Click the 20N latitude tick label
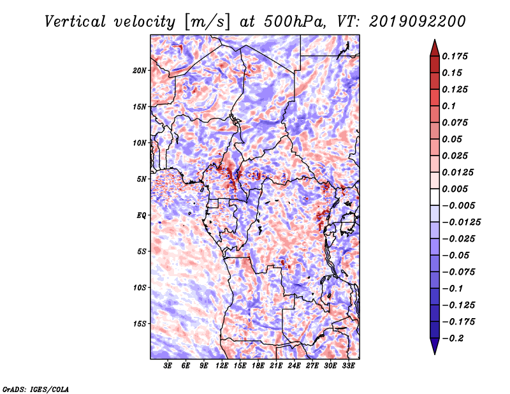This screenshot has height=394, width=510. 139,70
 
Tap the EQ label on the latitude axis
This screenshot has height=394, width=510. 141,215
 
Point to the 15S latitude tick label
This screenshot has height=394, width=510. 139,324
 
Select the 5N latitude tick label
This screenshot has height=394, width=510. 141,179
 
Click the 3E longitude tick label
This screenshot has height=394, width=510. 168,365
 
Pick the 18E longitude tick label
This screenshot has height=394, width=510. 258,365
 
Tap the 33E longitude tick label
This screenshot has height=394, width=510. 348,365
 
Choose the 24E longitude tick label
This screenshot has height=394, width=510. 294,365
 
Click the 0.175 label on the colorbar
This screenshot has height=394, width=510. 455,56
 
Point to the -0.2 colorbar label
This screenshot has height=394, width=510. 453,339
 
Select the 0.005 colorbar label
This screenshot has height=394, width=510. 455,189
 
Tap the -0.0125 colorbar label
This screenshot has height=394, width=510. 461,223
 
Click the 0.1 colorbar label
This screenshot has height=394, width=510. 449,106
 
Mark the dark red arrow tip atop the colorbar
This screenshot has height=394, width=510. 435,40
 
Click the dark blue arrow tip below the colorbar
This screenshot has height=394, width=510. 435,353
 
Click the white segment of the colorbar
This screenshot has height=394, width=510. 435,197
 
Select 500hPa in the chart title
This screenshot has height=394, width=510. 295,22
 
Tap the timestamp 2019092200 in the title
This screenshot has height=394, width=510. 418,22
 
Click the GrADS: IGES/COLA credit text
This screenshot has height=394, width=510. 36,390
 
